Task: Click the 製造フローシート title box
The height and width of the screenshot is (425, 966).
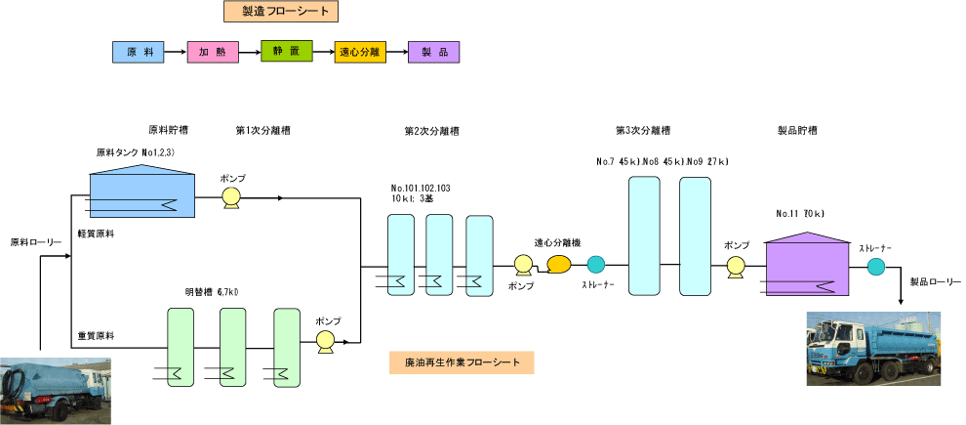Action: [x=280, y=12]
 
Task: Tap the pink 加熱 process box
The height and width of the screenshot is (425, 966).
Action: [x=212, y=52]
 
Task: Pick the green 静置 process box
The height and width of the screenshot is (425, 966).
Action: [x=286, y=52]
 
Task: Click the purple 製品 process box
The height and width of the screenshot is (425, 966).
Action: [x=434, y=52]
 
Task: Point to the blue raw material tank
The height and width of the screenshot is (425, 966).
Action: [x=142, y=191]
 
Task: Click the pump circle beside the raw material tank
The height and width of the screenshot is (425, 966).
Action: [x=232, y=197]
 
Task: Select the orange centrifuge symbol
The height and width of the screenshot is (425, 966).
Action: [x=560, y=264]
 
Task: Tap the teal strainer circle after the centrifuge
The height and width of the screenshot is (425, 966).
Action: [x=595, y=264]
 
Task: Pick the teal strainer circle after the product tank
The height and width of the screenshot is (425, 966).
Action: [x=876, y=266]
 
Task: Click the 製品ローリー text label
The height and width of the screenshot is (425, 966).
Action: [x=935, y=280]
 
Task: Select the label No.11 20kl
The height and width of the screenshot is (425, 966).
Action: [x=800, y=213]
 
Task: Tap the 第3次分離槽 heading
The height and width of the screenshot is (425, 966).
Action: [x=642, y=130]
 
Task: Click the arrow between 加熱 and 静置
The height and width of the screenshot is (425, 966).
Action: [x=249, y=52]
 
